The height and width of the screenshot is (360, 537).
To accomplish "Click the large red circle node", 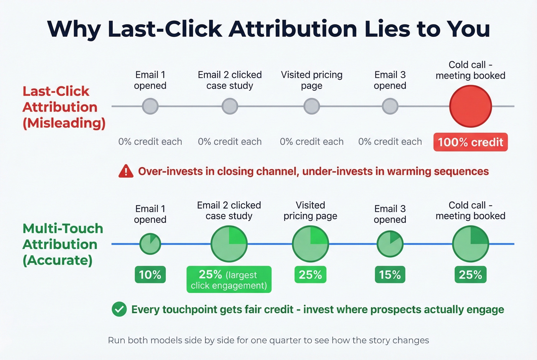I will tap(470, 106).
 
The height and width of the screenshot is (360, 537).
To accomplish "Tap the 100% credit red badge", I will tap(470, 142).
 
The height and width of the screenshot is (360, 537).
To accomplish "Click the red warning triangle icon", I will tap(126, 171).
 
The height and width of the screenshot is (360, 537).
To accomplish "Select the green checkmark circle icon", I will tap(119, 309).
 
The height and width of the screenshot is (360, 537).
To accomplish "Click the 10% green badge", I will tap(150, 275).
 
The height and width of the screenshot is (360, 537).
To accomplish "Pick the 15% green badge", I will tap(390, 275).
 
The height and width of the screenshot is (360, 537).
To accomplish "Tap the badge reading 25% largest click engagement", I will tap(229, 279).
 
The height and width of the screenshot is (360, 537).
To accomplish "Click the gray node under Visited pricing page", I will tap(311, 106).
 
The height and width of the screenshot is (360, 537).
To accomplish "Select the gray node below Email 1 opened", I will tap(150, 106).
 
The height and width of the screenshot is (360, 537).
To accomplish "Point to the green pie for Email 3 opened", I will tap(390, 244).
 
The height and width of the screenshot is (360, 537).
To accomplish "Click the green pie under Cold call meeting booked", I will tap(470, 244).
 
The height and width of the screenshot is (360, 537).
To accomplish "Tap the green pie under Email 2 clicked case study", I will tap(229, 244).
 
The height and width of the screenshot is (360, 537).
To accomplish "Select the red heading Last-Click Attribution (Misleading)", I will tap(63, 107).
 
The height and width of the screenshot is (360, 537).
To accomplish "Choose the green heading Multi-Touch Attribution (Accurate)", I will tap(63, 244).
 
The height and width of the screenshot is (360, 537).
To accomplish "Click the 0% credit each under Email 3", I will tap(390, 142).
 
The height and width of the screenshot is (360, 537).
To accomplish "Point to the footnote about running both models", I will tap(268, 340).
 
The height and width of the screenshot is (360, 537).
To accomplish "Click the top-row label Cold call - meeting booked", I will tap(470, 70).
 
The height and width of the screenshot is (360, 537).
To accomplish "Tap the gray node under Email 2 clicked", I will tap(230, 106).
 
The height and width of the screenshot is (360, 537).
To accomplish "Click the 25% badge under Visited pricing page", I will tap(310, 275).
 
